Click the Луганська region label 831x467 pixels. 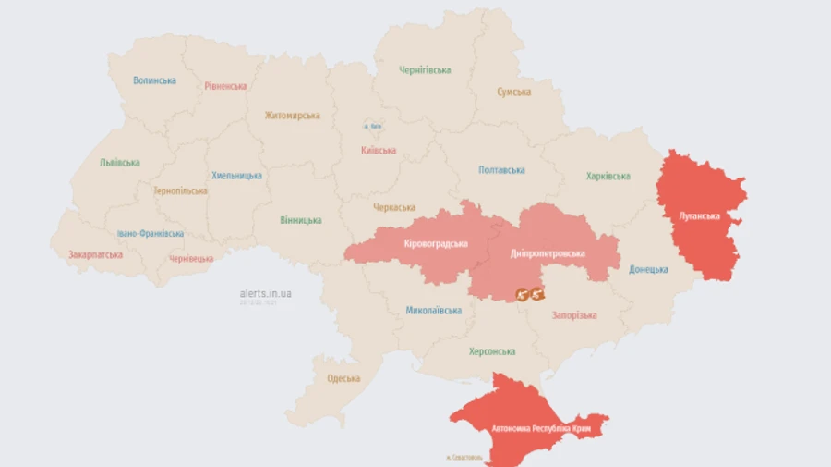[698, 215]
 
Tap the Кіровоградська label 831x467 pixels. [436, 244]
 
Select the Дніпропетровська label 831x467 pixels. [548, 252]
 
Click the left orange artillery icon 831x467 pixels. [522, 294]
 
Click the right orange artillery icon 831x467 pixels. [537, 294]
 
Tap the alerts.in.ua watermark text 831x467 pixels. [265, 293]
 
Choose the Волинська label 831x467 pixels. [154, 80]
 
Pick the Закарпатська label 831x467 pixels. [96, 254]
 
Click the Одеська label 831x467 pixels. [343, 378]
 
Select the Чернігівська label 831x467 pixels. [425, 70]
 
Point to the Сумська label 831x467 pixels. [513, 92]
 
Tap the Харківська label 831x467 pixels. [608, 176]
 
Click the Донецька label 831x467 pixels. [648, 269]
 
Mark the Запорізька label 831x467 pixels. [574, 315]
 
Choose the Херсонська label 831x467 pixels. [492, 351]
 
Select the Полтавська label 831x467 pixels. [501, 170]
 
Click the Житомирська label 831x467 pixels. [292, 116]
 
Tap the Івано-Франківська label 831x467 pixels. [151, 234]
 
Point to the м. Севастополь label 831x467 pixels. [464, 458]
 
